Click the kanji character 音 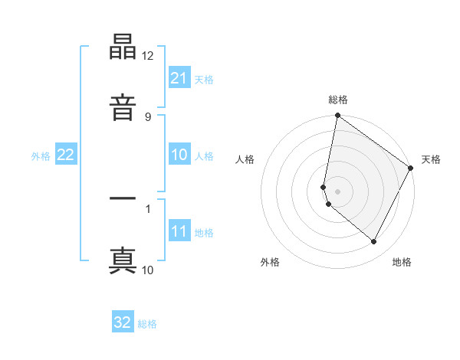123,106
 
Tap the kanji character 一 123,198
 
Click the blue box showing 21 179,78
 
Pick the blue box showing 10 179,155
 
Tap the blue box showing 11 179,231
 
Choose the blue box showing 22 66,155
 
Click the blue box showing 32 123,322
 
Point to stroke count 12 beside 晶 148,56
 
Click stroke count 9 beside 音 147,116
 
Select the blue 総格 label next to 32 147,324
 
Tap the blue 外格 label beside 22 41,155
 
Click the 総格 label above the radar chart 338,100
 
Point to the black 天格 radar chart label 431,159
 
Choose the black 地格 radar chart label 402,262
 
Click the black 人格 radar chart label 245,159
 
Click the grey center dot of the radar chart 338,191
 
